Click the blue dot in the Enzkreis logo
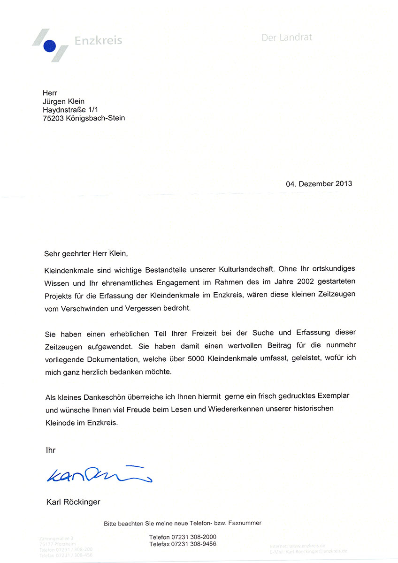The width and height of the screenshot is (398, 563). [49, 46]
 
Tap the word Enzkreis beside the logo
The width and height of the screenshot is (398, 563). [98, 40]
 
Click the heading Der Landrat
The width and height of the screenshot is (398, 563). [286, 38]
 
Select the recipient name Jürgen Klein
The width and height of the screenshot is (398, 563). [63, 101]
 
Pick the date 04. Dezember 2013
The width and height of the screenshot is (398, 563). [319, 183]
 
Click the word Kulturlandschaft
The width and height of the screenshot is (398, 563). [246, 270]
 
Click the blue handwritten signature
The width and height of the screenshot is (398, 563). [99, 475]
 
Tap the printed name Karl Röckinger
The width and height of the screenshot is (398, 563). [73, 502]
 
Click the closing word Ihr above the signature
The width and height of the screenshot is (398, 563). [50, 450]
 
